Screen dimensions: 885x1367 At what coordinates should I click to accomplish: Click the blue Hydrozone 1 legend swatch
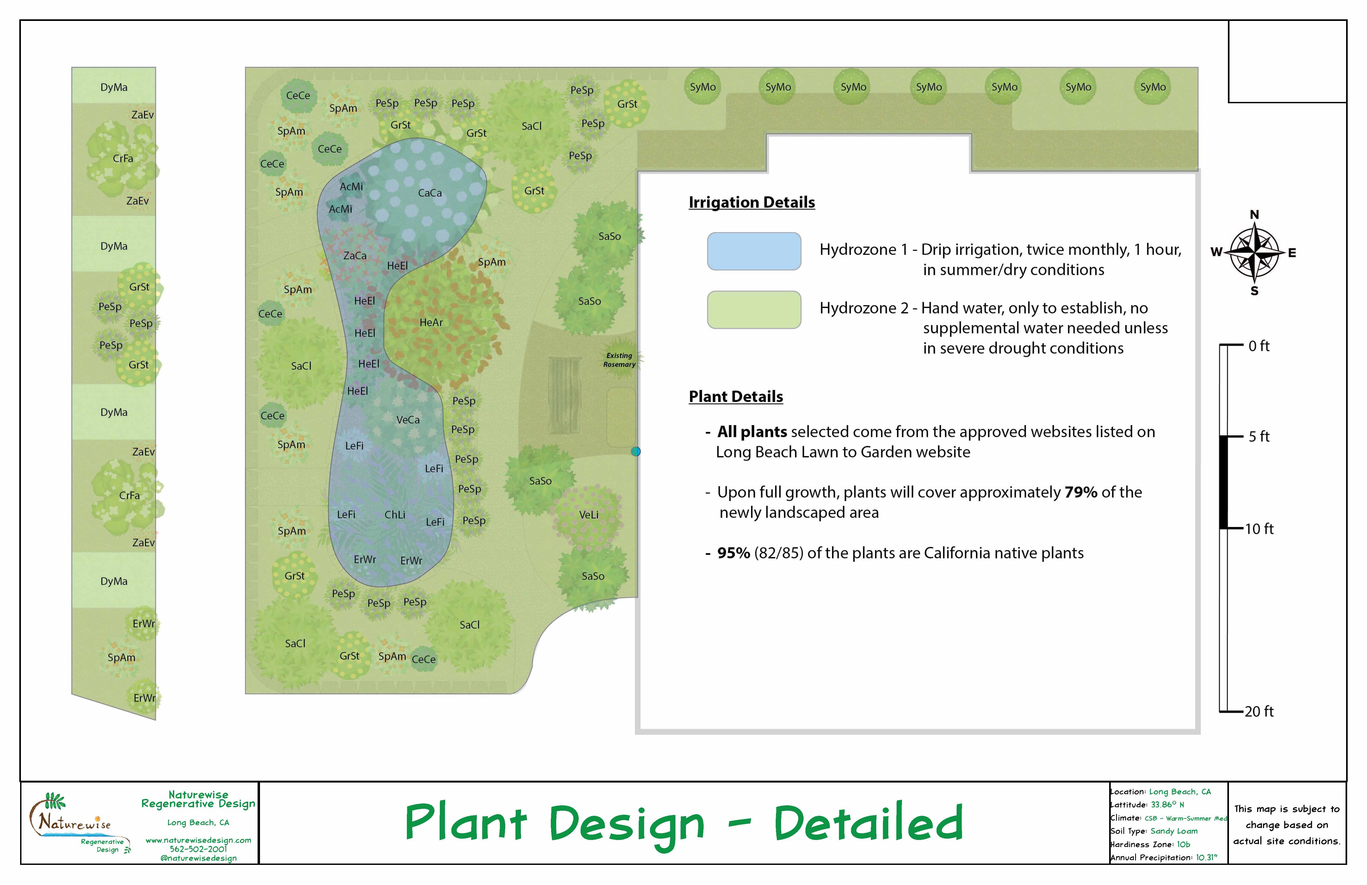tap(753, 251)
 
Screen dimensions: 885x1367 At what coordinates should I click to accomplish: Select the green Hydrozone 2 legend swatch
tap(753, 310)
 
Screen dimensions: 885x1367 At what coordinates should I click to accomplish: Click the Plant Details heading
tap(736, 397)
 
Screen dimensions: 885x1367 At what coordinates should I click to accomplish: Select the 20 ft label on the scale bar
tap(1259, 711)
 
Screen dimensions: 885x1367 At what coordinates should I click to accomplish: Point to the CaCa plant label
tap(430, 193)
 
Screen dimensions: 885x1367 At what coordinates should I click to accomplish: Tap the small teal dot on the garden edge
tap(635, 452)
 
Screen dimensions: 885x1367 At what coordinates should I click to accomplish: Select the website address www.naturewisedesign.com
tap(198, 840)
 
